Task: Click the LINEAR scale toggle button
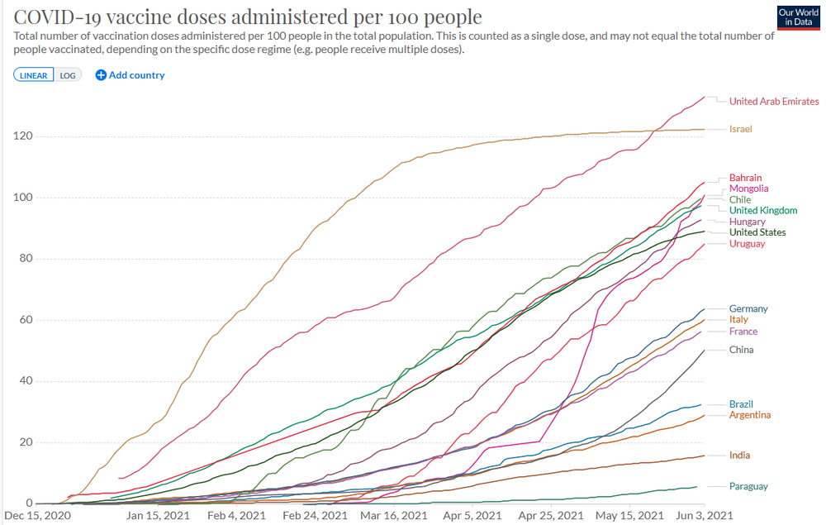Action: pyautogui.click(x=34, y=75)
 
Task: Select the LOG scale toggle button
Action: pyautogui.click(x=68, y=75)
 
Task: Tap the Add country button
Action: pyautogui.click(x=131, y=75)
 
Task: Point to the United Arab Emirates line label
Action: pyautogui.click(x=774, y=102)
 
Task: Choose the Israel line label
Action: pyautogui.click(x=741, y=129)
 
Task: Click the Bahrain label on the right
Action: pyautogui.click(x=746, y=178)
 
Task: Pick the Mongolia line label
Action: pyautogui.click(x=749, y=189)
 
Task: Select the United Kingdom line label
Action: pyautogui.click(x=763, y=210)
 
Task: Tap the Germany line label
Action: pyautogui.click(x=748, y=309)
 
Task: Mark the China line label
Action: pyautogui.click(x=742, y=350)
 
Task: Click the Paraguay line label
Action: pyautogui.click(x=748, y=486)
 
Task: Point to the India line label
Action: pyautogui.click(x=740, y=456)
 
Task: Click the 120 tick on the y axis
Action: pyautogui.click(x=22, y=136)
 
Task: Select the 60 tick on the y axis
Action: pyautogui.click(x=25, y=320)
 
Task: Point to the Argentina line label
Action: pyautogui.click(x=751, y=414)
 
